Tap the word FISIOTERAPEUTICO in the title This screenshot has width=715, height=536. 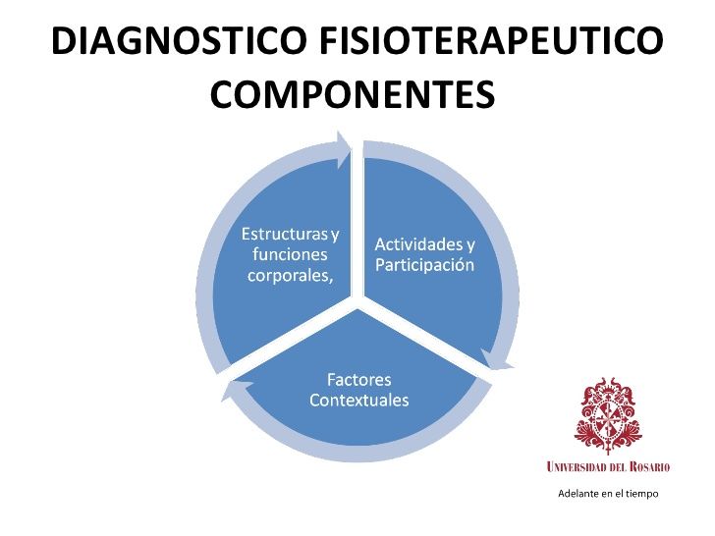[489, 41]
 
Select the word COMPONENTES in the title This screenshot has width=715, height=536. [352, 95]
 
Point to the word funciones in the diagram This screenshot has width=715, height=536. [290, 255]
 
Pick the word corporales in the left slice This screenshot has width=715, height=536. [289, 276]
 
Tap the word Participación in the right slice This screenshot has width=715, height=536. [425, 265]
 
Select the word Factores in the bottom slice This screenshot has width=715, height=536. [358, 380]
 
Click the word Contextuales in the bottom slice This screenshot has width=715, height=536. [358, 401]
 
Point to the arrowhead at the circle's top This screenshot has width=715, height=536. [343, 148]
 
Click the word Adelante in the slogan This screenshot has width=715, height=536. [577, 493]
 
